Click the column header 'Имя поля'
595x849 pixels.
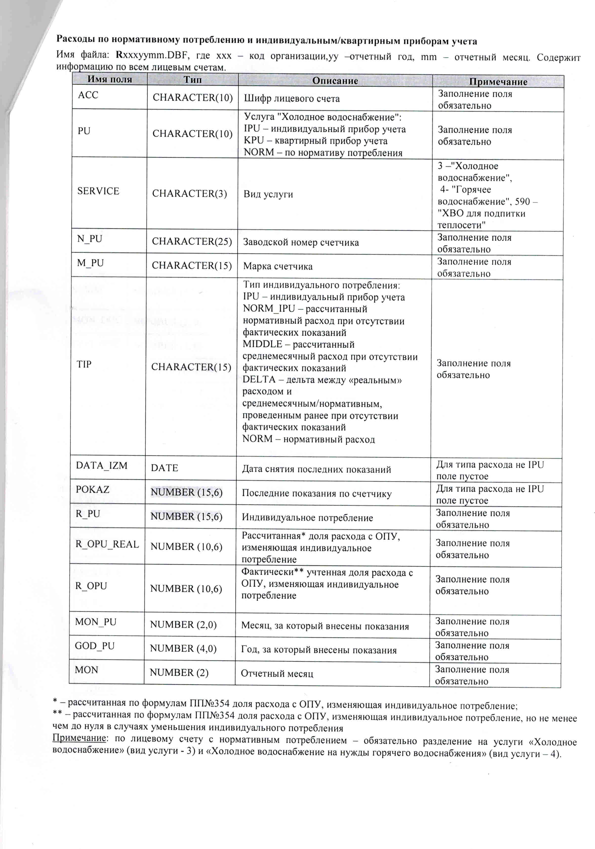pos(109,79)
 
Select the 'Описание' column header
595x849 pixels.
pos(335,81)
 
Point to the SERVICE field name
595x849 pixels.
pos(98,191)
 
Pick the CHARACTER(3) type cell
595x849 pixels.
pos(189,193)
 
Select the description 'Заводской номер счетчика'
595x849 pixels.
pos(300,243)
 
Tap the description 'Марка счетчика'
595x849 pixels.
pos(278,266)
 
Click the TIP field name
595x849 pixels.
pos(84,364)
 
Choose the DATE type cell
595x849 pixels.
pos(164,468)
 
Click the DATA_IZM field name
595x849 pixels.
pos(101,465)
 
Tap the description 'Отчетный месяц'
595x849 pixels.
pos(277,673)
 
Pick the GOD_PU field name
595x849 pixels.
pos(95,646)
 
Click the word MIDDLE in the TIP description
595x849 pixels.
pos(262,344)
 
